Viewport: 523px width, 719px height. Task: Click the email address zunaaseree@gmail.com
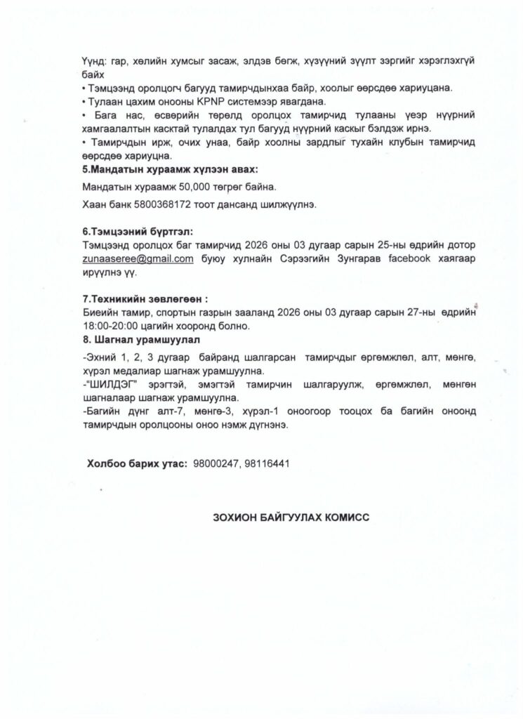(x=138, y=258)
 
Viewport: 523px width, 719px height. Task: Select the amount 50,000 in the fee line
(x=194, y=187)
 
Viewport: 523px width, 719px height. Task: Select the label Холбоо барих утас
(x=136, y=463)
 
